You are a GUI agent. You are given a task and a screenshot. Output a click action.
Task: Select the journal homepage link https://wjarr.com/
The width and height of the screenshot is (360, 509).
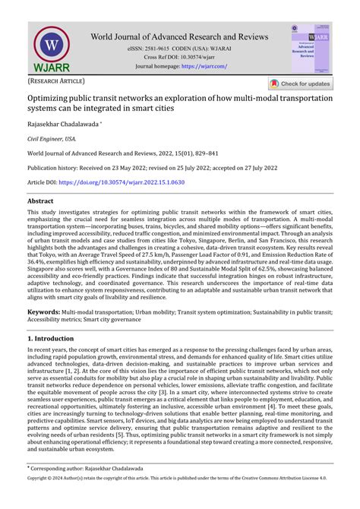(203, 66)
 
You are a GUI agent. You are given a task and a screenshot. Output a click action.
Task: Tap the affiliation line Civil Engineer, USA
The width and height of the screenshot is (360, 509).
(52, 140)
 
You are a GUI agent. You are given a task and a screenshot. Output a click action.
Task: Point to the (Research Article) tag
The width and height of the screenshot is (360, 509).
(56, 81)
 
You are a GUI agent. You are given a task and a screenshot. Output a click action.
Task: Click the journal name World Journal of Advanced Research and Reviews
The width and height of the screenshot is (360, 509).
(179, 37)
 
